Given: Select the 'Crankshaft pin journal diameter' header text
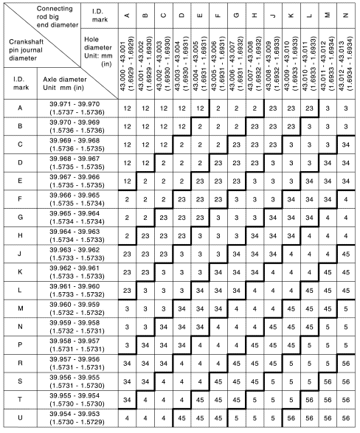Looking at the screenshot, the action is click(x=30, y=52).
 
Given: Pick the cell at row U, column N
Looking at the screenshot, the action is click(x=346, y=418).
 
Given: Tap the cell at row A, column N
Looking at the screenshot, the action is click(x=346, y=108).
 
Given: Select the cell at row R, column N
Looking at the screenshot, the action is click(x=346, y=363).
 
